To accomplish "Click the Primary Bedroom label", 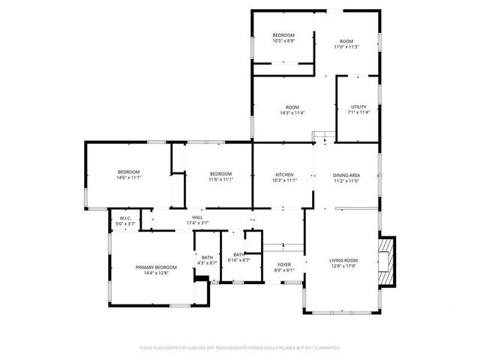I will (x=156, y=268).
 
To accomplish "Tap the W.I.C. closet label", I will (x=124, y=218).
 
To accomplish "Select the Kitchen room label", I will (x=284, y=175).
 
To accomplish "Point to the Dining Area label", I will (x=346, y=175).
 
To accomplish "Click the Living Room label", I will (x=343, y=261).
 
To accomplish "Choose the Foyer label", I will (x=284, y=265).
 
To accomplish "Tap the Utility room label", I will (x=358, y=107).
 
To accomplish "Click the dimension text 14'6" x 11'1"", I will (x=128, y=178).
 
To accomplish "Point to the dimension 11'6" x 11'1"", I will (x=221, y=178).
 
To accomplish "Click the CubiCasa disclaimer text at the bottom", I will (x=240, y=348).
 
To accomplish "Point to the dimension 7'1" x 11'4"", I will (x=358, y=112).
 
